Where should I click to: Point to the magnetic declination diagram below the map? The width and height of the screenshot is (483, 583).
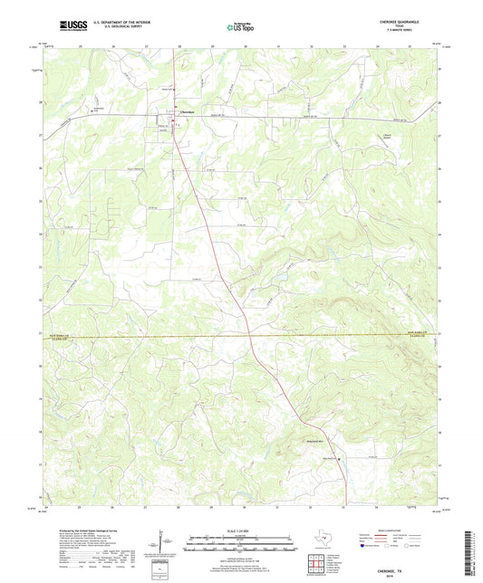coord(164,544)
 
